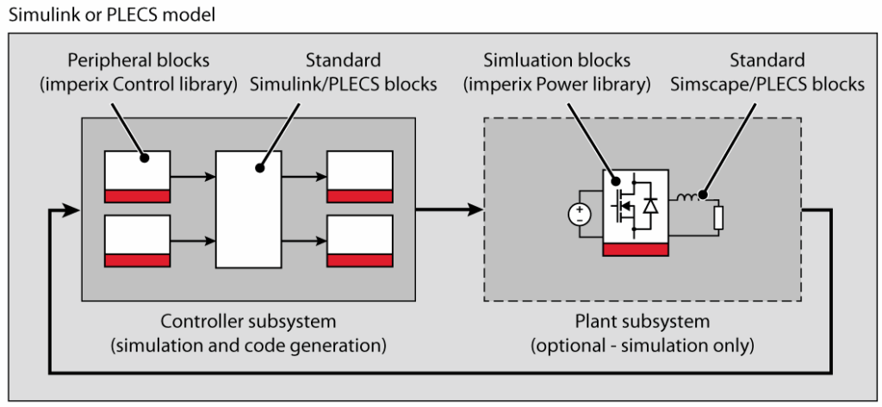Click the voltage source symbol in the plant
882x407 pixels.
580,215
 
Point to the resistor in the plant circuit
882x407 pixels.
718,218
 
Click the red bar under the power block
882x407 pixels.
636,249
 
